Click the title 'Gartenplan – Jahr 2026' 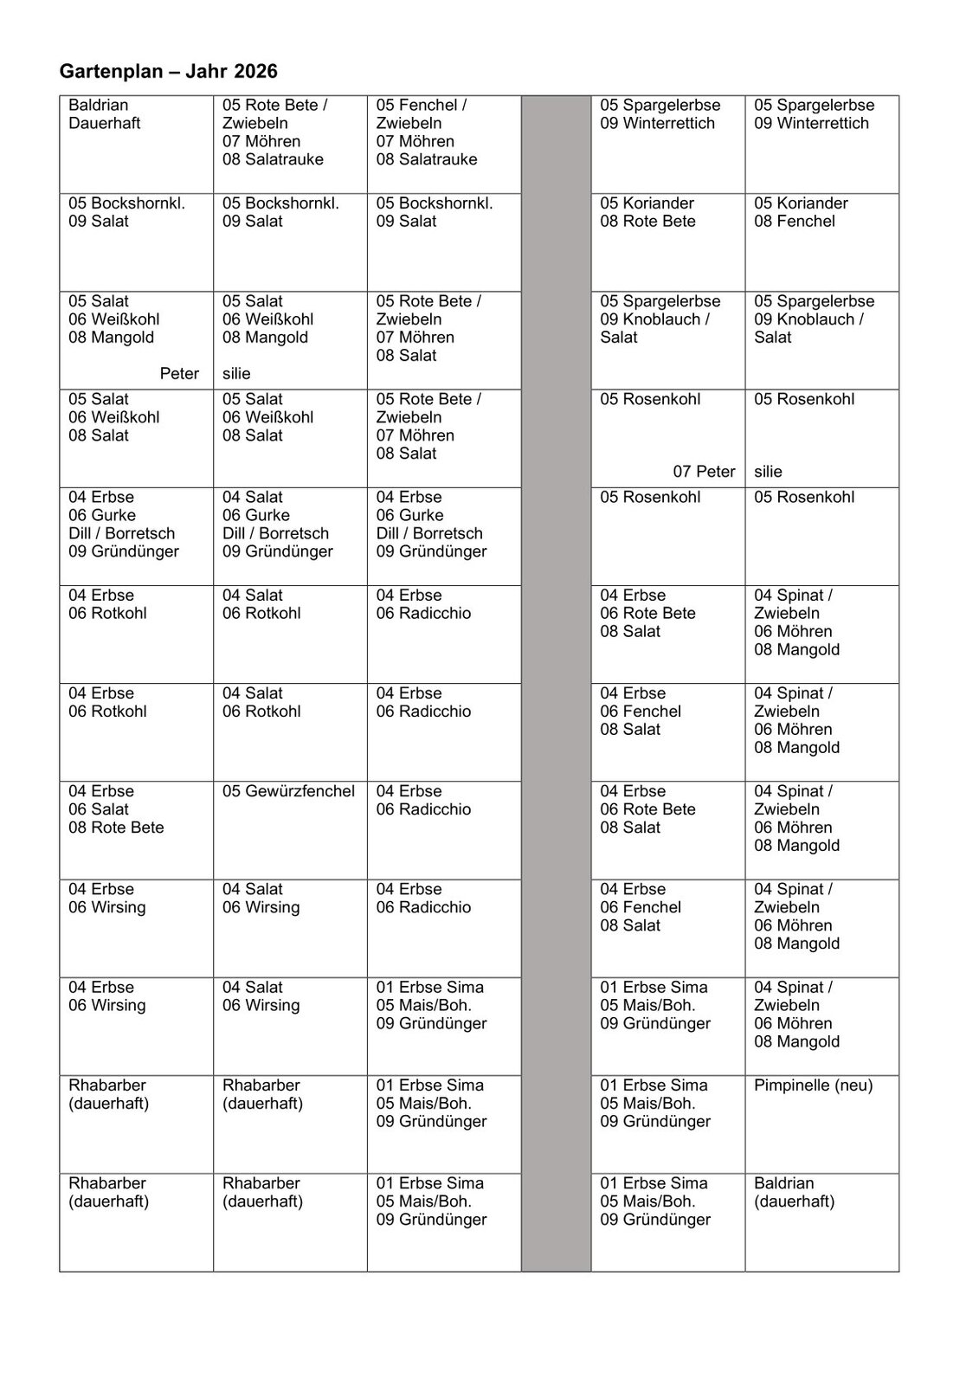[x=169, y=71]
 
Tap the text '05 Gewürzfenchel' [x=288, y=791]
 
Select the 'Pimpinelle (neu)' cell [x=813, y=1085]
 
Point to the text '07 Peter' [x=704, y=472]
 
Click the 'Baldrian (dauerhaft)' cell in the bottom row [x=794, y=1192]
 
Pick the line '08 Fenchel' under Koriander [x=794, y=222]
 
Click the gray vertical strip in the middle [x=556, y=684]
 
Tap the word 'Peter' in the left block [x=179, y=374]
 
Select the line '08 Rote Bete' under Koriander [x=647, y=222]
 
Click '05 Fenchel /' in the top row [x=421, y=106]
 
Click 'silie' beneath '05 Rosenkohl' [x=768, y=472]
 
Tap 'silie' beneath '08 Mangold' [x=236, y=374]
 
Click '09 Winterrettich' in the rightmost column [x=811, y=124]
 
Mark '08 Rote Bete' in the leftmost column [x=116, y=828]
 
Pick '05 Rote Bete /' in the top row [x=274, y=106]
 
